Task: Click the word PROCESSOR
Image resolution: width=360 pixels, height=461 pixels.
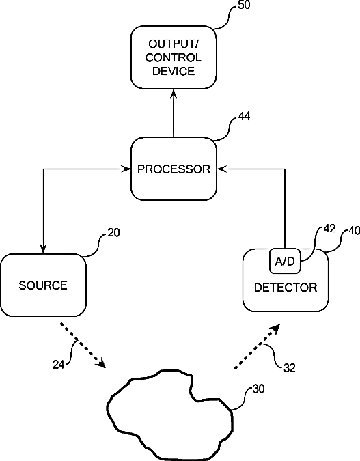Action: (174, 169)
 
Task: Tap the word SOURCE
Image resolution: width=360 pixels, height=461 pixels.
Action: (43, 285)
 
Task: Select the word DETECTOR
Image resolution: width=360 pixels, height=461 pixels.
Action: (286, 288)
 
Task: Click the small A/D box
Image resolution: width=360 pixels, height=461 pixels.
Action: (285, 261)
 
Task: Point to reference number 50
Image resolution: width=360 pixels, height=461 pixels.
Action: (244, 5)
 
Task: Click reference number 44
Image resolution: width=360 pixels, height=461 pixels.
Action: (244, 116)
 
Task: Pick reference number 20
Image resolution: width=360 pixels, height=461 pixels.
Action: (113, 233)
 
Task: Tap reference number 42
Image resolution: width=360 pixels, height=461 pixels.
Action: (329, 228)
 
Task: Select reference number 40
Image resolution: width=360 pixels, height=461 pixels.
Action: (354, 231)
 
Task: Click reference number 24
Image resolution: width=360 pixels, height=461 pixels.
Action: (58, 365)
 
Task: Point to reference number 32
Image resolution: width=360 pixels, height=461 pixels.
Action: (290, 368)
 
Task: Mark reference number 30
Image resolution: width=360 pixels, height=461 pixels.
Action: (258, 389)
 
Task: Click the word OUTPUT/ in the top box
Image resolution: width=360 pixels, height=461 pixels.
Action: (174, 44)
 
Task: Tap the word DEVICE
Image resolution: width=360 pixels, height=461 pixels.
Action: (174, 72)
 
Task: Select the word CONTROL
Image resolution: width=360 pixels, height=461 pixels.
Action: (174, 57)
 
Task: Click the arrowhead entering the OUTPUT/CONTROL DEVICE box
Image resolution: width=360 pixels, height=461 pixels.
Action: (174, 94)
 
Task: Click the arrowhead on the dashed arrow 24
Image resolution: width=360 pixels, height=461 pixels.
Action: (100, 363)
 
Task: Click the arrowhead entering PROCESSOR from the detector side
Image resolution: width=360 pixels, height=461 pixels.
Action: (222, 169)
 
